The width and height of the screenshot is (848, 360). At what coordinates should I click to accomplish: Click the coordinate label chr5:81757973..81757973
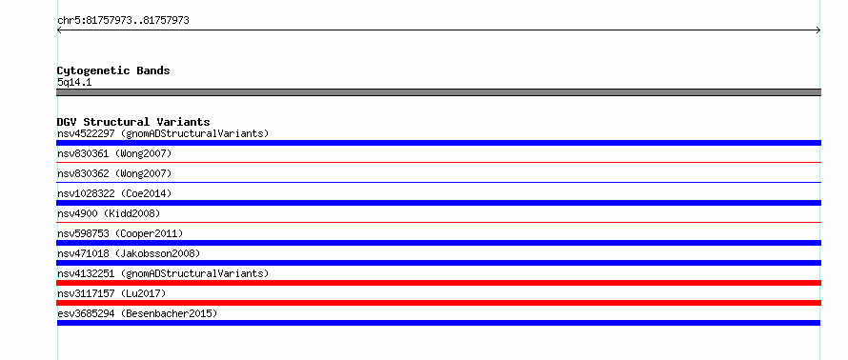(123, 21)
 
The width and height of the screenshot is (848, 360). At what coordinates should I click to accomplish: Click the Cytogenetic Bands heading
(113, 70)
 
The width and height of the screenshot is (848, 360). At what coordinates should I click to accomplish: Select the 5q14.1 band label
(74, 82)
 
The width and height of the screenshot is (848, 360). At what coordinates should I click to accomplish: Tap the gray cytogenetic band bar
(438, 92)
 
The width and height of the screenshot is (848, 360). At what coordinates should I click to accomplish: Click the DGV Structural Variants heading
(133, 122)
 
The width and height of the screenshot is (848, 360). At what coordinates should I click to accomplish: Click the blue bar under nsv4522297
(438, 143)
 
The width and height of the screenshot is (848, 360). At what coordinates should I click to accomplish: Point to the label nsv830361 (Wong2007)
(114, 153)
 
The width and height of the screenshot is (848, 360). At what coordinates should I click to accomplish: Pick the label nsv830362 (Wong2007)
(114, 173)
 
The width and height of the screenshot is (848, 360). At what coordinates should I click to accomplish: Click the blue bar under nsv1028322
(438, 203)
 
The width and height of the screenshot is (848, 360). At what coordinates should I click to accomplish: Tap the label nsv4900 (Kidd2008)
(109, 213)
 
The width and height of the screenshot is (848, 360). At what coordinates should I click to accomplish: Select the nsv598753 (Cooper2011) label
(120, 233)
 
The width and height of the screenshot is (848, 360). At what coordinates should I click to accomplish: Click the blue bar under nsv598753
(438, 243)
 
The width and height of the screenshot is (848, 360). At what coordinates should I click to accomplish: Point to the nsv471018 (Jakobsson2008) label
(129, 253)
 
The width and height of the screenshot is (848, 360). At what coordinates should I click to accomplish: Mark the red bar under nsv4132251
(438, 283)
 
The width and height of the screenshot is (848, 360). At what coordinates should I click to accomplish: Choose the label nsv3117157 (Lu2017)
(111, 293)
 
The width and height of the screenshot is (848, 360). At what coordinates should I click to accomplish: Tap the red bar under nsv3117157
(438, 303)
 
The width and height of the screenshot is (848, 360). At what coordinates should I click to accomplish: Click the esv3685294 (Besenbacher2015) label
(137, 313)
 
